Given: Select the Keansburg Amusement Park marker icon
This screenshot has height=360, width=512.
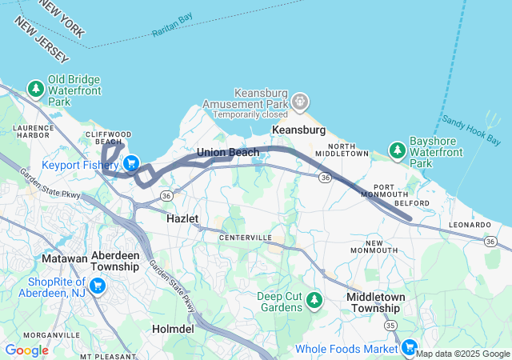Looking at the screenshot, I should coord(300,102).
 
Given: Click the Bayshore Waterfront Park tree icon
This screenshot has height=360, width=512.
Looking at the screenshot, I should coord(397,150).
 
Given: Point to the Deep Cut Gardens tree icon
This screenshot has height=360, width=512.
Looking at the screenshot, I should coord(314,299).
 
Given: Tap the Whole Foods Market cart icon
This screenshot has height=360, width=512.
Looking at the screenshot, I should coord(409,347).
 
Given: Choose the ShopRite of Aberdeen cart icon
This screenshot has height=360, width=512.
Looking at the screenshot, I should coord(98,286).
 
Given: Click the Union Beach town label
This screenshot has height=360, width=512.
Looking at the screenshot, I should coord(228,152).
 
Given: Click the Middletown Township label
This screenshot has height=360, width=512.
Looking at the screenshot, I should coord(374,302).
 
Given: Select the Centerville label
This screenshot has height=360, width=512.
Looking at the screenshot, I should coord(246,238).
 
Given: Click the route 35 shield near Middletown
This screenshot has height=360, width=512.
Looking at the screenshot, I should coord(390,326).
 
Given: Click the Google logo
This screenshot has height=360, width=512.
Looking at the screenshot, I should coord(26,350).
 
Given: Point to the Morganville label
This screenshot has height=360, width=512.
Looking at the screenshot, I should coord(50,334).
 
